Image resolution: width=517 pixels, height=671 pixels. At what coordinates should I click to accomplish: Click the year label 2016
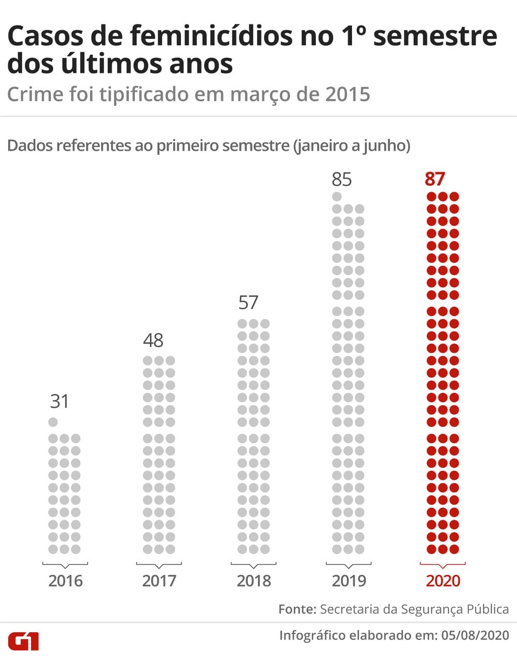coord(65,581)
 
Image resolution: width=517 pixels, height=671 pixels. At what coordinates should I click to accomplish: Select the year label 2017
coord(159,581)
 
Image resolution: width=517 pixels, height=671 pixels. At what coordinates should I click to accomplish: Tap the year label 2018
coord(254,581)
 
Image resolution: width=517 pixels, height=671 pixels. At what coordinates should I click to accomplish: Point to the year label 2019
coord(349,581)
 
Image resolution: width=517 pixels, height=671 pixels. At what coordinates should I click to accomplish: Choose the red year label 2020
coord(443,581)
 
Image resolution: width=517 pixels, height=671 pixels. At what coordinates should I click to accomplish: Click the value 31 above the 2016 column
coord(59,401)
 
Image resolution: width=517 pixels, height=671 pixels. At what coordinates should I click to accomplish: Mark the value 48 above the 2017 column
coord(153,340)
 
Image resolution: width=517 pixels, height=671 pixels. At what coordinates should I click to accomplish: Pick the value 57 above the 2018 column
coord(248,302)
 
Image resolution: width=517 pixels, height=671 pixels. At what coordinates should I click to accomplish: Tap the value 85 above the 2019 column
coord(342,179)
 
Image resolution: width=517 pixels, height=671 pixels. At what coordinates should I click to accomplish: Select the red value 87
coord(435,179)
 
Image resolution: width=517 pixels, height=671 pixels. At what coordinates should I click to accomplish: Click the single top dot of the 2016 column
coord(53,422)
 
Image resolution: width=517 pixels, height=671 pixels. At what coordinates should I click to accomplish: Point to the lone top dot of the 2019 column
coord(337,196)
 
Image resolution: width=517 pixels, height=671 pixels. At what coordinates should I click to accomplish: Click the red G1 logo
coord(23,641)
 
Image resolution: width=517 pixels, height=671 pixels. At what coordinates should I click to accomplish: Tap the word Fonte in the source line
coord(297,609)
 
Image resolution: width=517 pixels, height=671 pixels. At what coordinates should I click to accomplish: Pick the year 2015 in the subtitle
coord(348,95)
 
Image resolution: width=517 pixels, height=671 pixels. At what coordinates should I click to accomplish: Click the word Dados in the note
coord(29,146)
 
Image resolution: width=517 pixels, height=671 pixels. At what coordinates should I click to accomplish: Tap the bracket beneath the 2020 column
coord(443,565)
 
